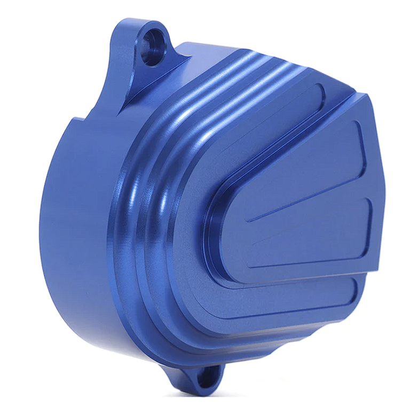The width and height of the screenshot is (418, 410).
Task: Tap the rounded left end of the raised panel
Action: coord(214,230)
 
